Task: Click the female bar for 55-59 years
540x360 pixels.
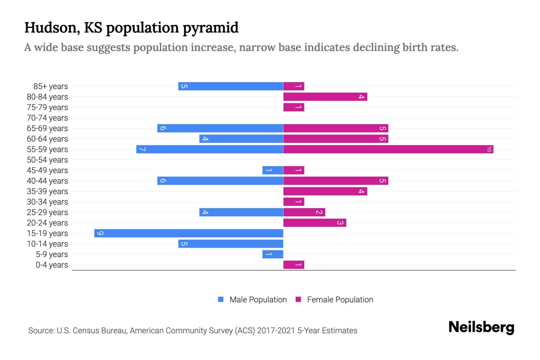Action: [388, 149]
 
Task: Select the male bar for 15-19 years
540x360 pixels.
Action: [189, 233]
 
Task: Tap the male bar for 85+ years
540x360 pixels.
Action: [231, 86]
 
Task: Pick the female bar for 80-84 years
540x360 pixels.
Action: [325, 97]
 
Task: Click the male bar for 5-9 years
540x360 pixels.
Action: [273, 254]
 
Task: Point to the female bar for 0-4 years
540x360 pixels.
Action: [294, 265]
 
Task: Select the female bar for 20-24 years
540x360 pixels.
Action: [315, 223]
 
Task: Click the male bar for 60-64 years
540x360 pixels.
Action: [241, 139]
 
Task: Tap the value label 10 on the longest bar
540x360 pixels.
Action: [489, 149]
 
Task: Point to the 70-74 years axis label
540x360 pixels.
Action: [47, 118]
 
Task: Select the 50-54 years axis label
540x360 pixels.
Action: [47, 160]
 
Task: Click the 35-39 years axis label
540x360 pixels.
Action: [47, 191]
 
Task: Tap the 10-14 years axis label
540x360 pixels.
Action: [47, 244]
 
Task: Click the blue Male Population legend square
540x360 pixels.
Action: [221, 299]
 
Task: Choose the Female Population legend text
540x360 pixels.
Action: [340, 299]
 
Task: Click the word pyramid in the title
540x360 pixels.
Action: [211, 28]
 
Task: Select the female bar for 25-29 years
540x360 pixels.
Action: [304, 212]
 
